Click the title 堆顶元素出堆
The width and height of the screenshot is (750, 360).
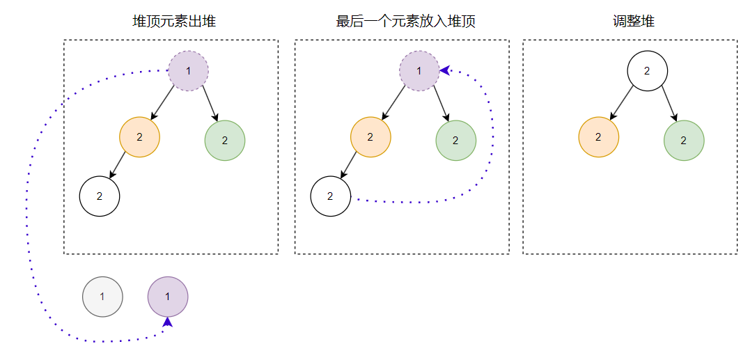tap(174, 22)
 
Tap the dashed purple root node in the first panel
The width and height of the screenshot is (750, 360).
tap(189, 71)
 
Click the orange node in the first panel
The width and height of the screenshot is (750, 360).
tap(139, 137)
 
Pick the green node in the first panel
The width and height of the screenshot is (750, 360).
tap(224, 140)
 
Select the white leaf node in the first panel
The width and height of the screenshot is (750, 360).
tap(100, 196)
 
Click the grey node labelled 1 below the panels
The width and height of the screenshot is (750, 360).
tap(102, 297)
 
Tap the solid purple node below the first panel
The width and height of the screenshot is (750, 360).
tap(167, 297)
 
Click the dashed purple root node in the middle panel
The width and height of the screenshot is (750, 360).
tap(419, 71)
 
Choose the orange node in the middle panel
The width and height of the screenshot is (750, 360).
tap(370, 137)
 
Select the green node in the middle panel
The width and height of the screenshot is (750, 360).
tap(455, 140)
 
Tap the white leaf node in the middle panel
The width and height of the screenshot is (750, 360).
tap(330, 196)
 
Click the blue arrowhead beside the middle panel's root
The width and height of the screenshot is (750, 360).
tap(444, 70)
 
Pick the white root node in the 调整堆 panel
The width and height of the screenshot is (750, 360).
tap(647, 71)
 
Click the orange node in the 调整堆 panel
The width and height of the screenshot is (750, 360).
tap(598, 137)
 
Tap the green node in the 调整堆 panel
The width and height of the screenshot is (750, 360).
tap(683, 140)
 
